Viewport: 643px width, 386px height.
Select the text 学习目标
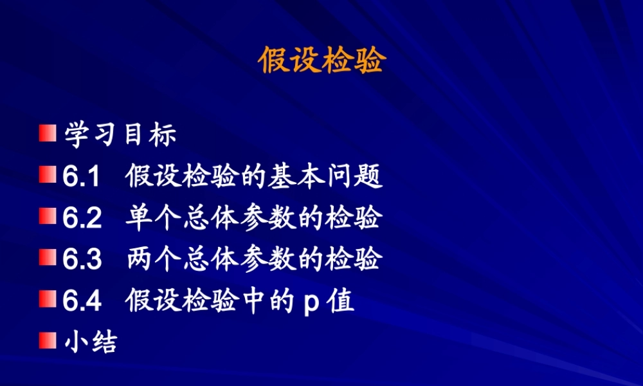(x=120, y=135)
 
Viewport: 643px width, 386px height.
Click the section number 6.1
(x=81, y=177)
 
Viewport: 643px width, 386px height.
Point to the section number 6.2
(x=82, y=218)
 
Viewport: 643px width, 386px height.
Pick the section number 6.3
(x=82, y=259)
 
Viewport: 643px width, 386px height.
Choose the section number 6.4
(x=82, y=300)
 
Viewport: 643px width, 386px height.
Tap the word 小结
(x=91, y=342)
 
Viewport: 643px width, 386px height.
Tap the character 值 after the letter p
(x=341, y=300)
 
